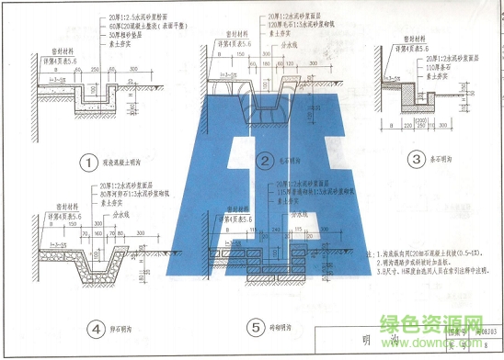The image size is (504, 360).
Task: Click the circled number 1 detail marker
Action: (x=88, y=163)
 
